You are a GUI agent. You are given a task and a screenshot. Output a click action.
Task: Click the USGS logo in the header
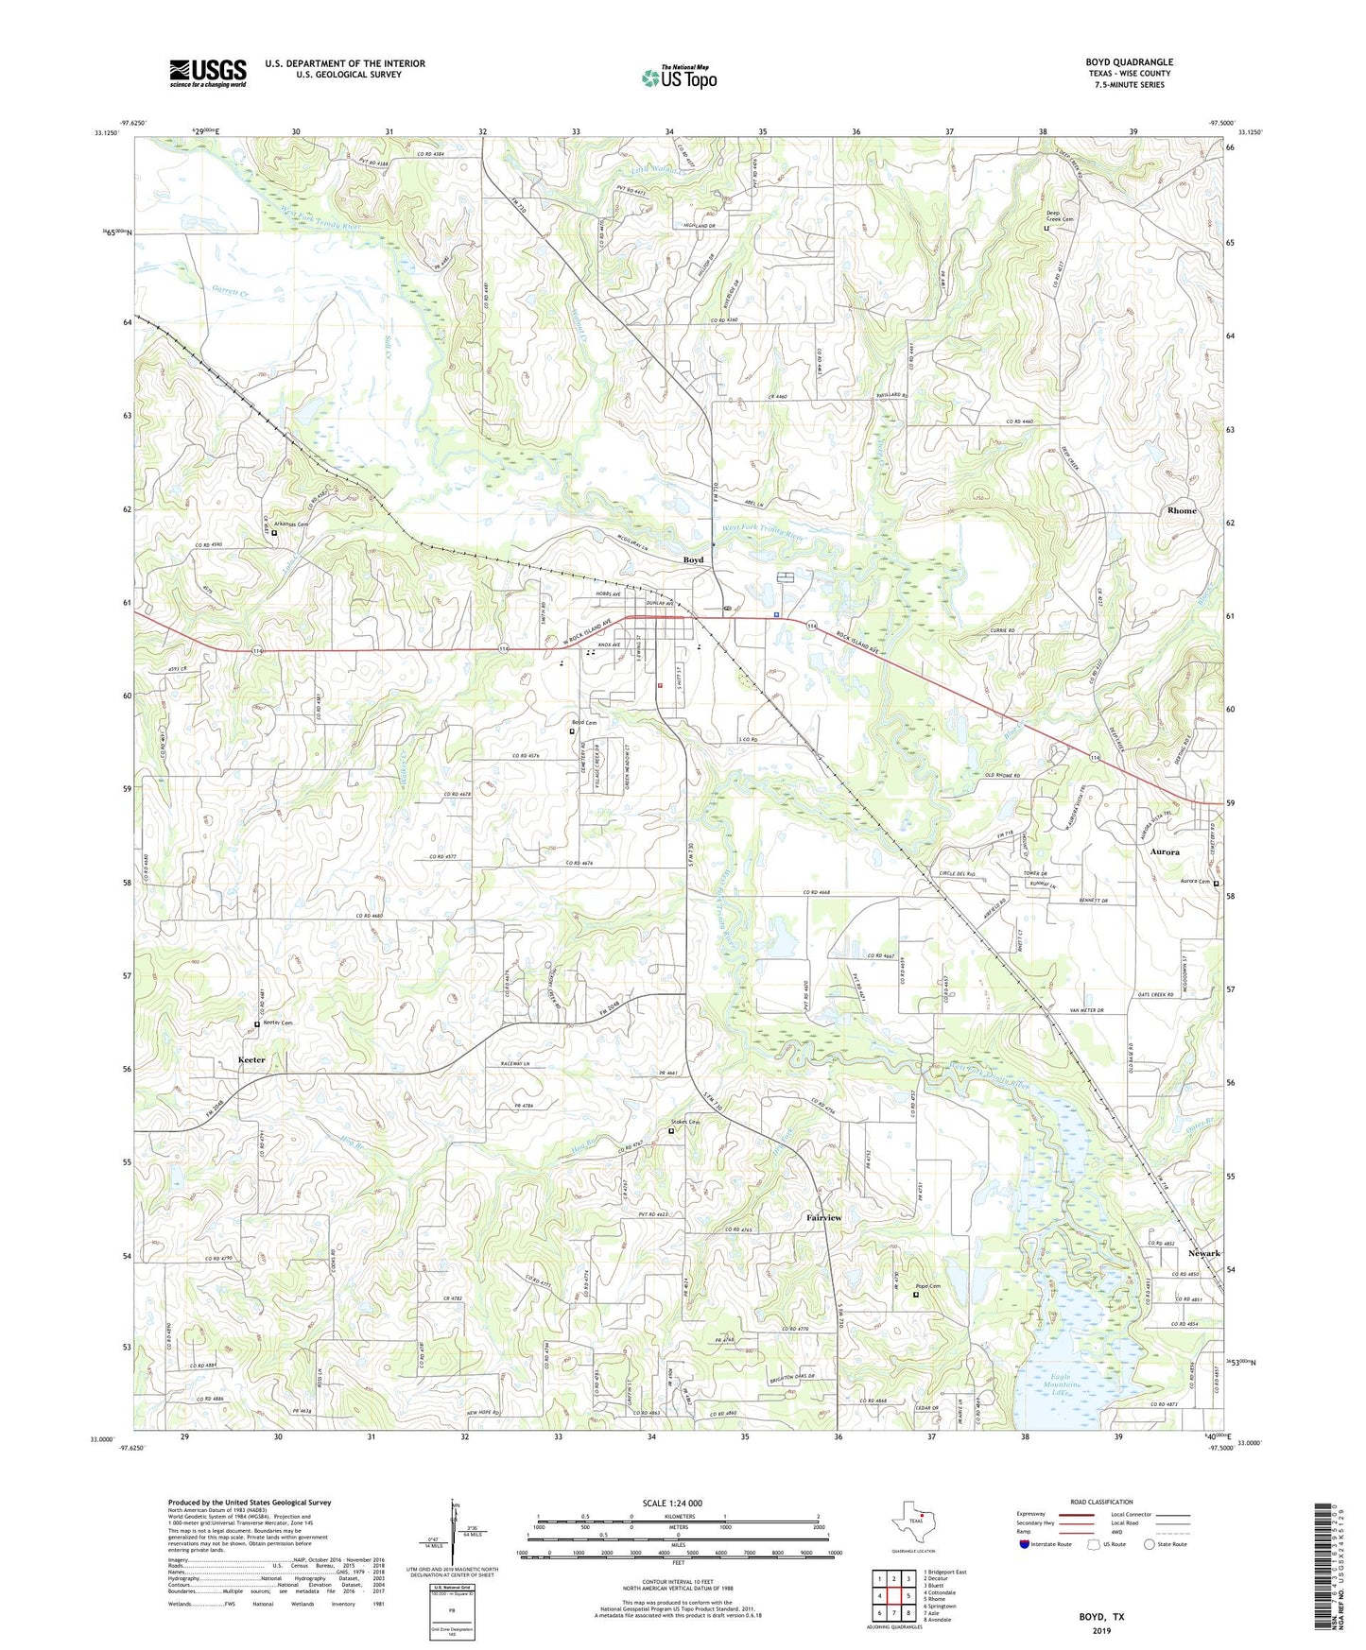point(208,73)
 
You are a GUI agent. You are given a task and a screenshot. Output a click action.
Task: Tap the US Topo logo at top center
point(679,77)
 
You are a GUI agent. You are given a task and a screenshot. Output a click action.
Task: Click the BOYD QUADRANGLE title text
point(1129,62)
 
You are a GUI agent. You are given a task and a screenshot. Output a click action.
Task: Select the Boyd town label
point(693,560)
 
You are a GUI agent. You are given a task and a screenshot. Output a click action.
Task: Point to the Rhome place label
point(1182,510)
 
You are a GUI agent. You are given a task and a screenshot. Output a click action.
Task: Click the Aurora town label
point(1165,851)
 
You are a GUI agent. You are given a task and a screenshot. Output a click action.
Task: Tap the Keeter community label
point(251,1059)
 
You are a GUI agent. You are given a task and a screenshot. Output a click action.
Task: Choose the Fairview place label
point(823,1218)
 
